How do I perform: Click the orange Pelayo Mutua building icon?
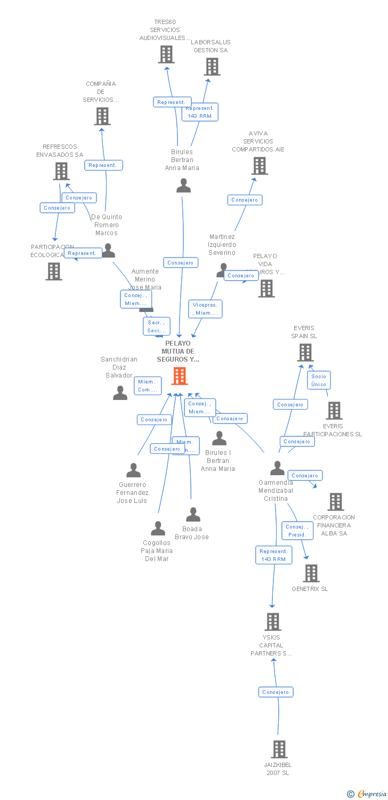[180, 376]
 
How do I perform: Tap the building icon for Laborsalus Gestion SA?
[212, 67]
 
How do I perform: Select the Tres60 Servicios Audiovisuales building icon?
[166, 54]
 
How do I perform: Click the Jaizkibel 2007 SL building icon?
[279, 749]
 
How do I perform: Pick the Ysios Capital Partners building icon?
[273, 622]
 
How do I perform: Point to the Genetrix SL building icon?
[311, 573]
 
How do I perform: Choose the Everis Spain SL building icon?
[305, 353]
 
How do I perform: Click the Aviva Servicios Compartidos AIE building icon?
[260, 166]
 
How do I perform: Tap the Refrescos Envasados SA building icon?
[61, 171]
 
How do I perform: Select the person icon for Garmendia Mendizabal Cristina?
[277, 468]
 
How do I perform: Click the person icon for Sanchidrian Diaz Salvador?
[120, 393]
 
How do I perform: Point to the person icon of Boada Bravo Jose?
[193, 515]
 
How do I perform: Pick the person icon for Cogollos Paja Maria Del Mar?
[158, 529]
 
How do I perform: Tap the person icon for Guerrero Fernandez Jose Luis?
[133, 470]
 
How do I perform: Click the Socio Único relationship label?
[319, 380]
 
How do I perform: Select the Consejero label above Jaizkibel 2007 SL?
[276, 692]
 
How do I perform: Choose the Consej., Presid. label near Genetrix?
[297, 531]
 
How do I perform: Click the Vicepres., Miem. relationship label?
[205, 309]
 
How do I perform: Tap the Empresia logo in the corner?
[368, 794]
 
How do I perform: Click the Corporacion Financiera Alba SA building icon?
[335, 502]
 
